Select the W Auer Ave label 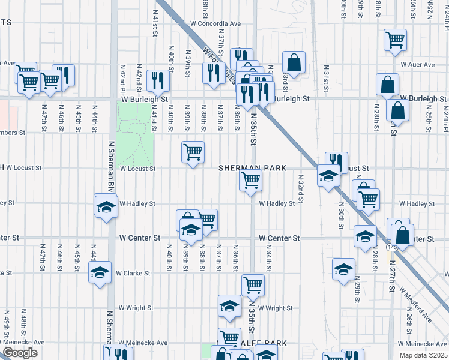[x=417, y=64]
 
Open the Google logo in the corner [x=20, y=353]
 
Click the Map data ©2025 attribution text [x=424, y=355]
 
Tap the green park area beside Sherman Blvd [x=134, y=133]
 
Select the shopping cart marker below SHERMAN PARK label [x=250, y=179]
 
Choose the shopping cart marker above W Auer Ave [x=395, y=40]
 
